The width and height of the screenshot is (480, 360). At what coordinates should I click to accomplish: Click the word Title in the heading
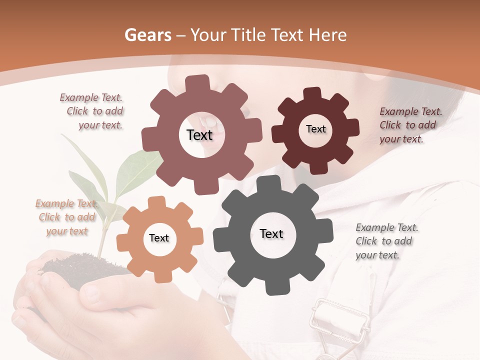[x=249, y=35]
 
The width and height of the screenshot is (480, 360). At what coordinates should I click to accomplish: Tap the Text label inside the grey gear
[x=271, y=234]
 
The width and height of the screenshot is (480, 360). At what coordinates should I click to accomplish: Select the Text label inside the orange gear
[x=159, y=238]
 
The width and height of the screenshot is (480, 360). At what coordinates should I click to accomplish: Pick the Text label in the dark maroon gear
[x=315, y=129]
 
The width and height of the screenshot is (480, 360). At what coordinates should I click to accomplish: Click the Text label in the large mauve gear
[x=199, y=135]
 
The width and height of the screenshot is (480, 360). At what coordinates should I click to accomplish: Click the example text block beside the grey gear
[x=386, y=241]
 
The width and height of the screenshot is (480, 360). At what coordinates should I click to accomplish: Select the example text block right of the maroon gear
[x=410, y=125]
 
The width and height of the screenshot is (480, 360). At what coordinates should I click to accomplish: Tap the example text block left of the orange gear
[x=66, y=217]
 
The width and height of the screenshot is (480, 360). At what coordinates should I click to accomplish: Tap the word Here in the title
[x=328, y=35]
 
